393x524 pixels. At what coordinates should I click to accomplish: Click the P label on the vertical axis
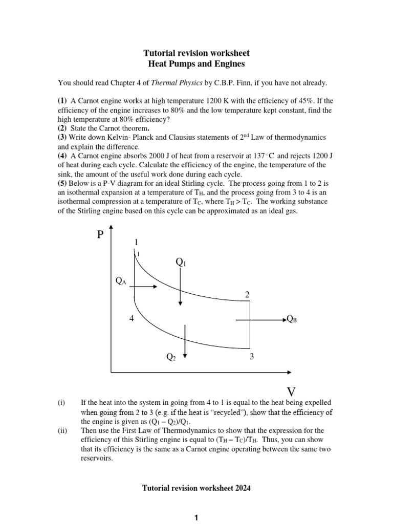pyautogui.click(x=100, y=235)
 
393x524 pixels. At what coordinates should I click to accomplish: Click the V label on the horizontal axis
pyautogui.click(x=291, y=391)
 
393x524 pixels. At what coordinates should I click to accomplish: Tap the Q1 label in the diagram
pyautogui.click(x=181, y=263)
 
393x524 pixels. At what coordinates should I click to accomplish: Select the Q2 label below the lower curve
pyautogui.click(x=171, y=357)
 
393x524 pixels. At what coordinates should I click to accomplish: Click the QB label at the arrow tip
pyautogui.click(x=292, y=319)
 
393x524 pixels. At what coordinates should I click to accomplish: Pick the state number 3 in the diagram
pyautogui.click(x=252, y=357)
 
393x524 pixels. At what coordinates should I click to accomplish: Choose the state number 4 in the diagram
pyautogui.click(x=132, y=319)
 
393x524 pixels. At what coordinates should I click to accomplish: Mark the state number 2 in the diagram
pyautogui.click(x=247, y=294)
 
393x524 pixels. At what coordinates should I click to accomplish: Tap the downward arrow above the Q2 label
pyautogui.click(x=185, y=341)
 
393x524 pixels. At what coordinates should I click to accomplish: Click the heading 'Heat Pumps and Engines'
pyautogui.click(x=196, y=64)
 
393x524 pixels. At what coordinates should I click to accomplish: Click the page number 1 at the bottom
pyautogui.click(x=196, y=519)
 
